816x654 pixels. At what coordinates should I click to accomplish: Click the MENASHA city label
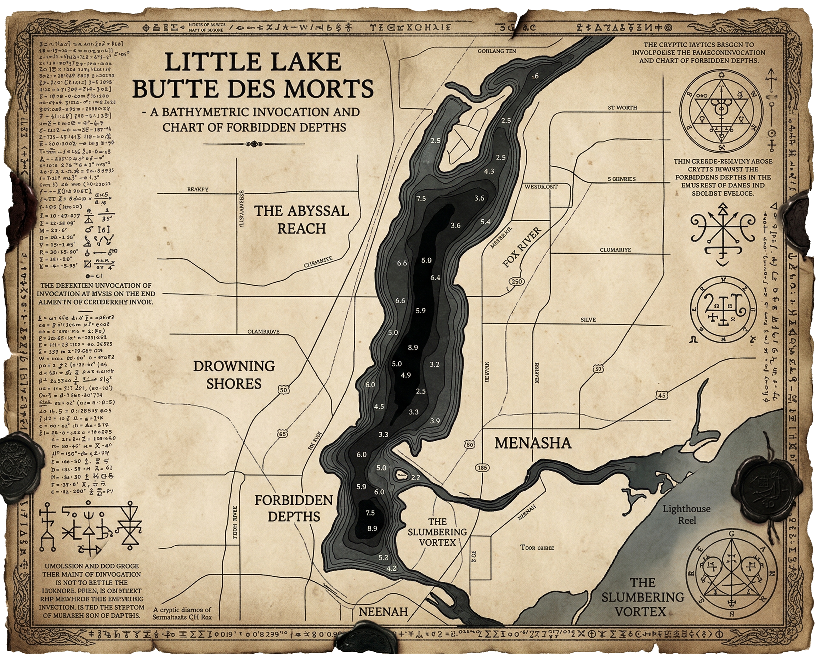click(533, 443)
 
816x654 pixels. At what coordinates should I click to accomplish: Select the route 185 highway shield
click(482, 468)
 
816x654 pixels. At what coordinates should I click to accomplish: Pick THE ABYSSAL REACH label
click(301, 220)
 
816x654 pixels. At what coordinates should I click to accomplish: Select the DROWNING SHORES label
click(234, 375)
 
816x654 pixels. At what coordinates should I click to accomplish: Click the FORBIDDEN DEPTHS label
click(294, 508)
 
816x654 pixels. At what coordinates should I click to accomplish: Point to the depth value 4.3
click(489, 171)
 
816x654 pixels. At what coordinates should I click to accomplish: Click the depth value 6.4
click(435, 278)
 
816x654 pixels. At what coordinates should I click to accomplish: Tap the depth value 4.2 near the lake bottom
click(391, 568)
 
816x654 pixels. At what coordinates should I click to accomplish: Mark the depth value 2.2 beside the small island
click(415, 478)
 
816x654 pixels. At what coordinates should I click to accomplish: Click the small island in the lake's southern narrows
click(400, 473)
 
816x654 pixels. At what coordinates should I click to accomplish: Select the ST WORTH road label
click(622, 108)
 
